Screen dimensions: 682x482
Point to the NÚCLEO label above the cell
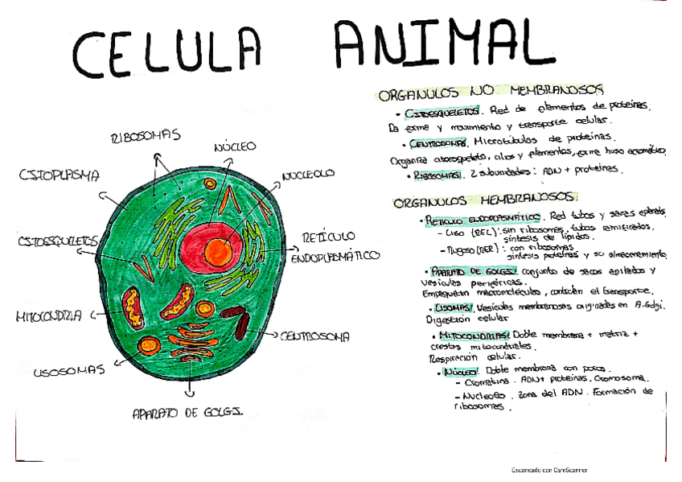click(235, 147)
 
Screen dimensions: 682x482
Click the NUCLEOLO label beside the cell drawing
click(308, 175)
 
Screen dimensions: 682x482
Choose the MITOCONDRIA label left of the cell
click(47, 316)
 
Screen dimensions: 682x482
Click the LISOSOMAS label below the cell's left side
click(69, 371)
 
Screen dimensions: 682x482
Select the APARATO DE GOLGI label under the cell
click(188, 414)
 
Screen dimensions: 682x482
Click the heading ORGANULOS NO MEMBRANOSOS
click(491, 93)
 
